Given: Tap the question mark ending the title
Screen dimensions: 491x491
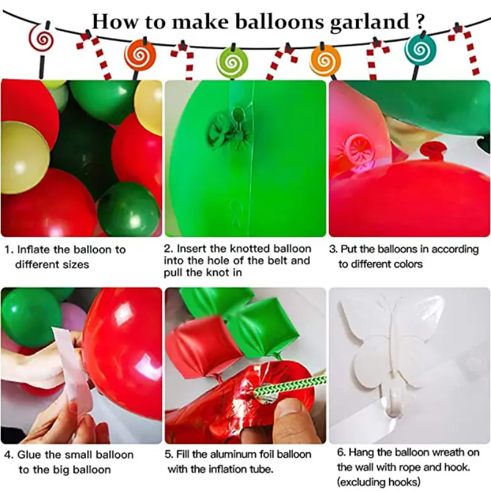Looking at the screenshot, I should coord(419,21).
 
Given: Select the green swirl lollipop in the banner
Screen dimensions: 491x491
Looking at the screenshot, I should coord(233,62).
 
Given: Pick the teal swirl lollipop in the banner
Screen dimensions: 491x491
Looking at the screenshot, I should coord(420,47).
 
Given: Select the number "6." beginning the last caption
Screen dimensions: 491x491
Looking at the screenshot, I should coord(342,452).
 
